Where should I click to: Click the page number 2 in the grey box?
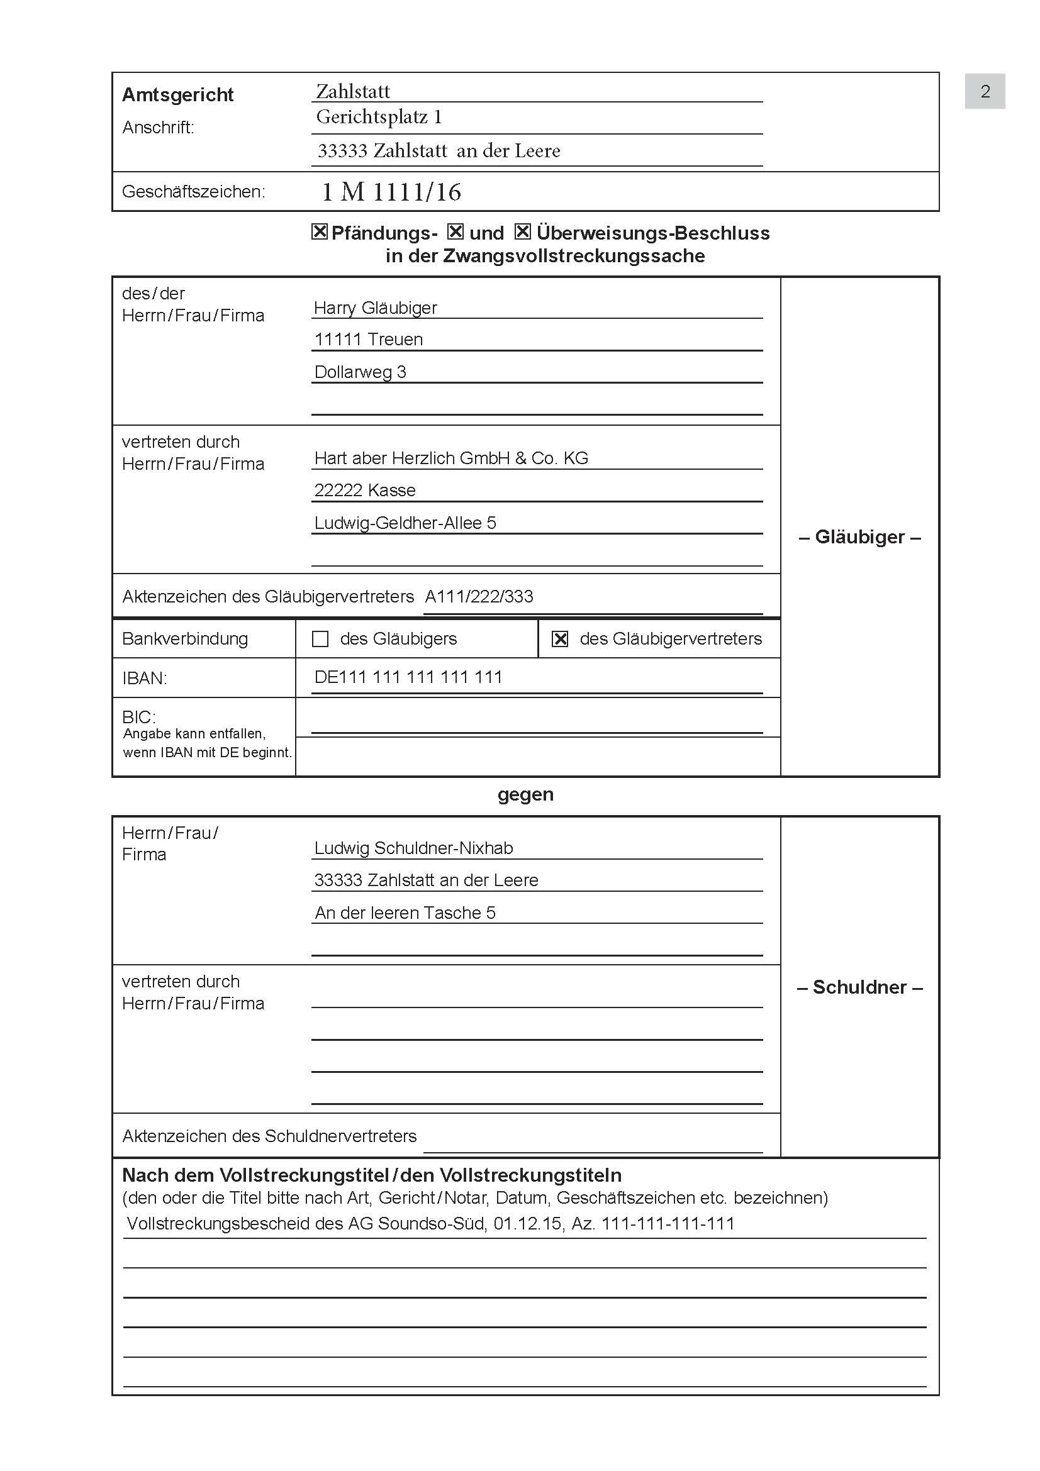coord(985,92)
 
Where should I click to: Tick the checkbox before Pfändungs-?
coord(319,231)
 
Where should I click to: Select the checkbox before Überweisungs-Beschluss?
coord(523,231)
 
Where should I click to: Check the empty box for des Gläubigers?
coord(320,639)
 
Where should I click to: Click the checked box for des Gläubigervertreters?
coord(560,639)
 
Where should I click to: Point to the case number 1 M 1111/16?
coord(391,192)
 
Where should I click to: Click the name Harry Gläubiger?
coord(376,308)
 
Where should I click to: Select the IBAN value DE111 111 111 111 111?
coord(408,677)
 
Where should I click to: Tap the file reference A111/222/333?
coord(479,596)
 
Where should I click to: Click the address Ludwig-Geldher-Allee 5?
coord(405,523)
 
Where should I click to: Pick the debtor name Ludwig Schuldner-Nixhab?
coord(413,848)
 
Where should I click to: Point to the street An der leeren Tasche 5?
coord(405,913)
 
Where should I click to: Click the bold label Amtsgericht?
coord(177,95)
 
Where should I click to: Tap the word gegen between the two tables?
coord(525,794)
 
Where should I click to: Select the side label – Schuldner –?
coord(859,987)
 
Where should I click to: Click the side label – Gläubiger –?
coord(859,537)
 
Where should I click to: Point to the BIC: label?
coord(138,717)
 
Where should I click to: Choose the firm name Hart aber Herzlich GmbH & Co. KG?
coord(451,458)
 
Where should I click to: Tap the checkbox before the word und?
coord(455,231)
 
